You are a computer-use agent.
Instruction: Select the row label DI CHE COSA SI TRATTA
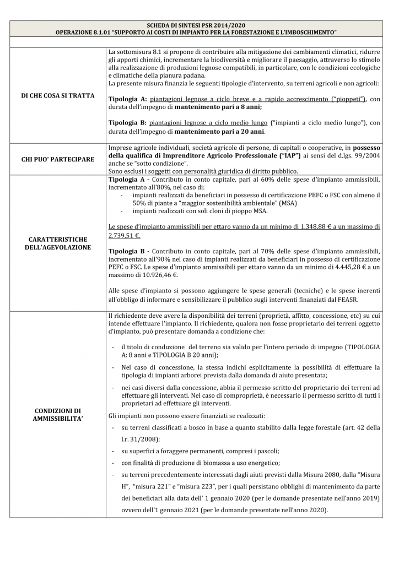click(57, 95)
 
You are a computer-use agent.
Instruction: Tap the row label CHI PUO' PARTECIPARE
click(57, 159)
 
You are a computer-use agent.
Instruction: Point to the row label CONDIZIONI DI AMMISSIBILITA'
click(57, 415)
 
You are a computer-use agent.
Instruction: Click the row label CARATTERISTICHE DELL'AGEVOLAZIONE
click(57, 244)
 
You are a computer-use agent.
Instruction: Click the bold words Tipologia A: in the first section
click(127, 99)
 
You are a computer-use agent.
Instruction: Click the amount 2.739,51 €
click(124, 235)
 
